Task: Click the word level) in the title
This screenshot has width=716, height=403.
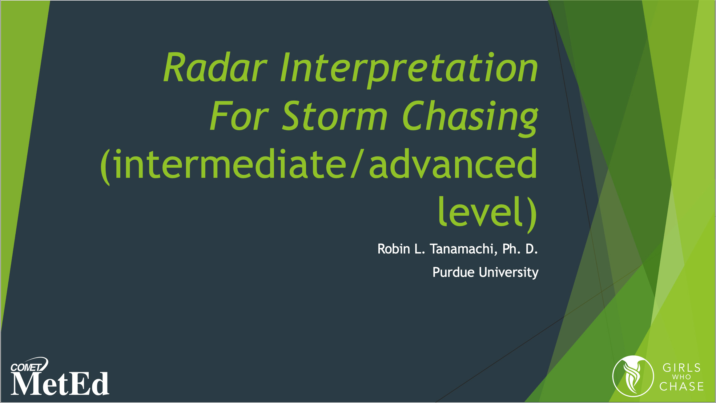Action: click(x=487, y=212)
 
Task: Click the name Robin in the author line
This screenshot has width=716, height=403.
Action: click(x=394, y=249)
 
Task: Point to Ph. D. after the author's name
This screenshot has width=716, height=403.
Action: click(x=520, y=249)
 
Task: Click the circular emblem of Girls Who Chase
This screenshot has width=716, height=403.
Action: click(x=633, y=376)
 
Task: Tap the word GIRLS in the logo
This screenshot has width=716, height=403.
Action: click(x=682, y=368)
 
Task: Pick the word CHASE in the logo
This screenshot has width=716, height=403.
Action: click(x=682, y=386)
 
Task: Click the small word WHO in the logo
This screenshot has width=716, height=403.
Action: click(x=682, y=377)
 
